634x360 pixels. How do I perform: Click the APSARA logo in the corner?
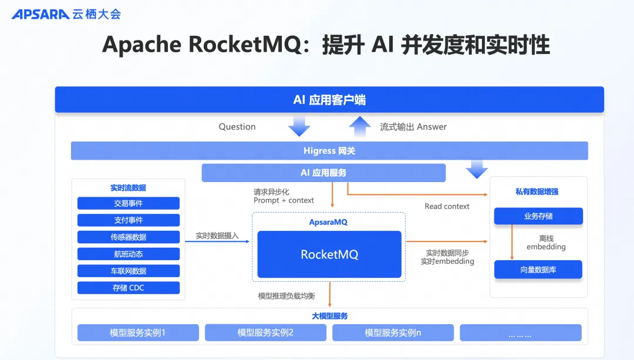pos(41,14)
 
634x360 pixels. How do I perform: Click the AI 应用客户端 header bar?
pos(329,100)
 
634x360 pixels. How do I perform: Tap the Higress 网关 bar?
pos(329,151)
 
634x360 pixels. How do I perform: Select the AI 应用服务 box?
pos(323,173)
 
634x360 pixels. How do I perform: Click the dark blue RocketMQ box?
pos(329,254)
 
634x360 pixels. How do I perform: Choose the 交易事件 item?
pos(129,203)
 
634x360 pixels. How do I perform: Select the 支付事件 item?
pos(129,220)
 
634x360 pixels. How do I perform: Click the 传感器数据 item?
pos(129,237)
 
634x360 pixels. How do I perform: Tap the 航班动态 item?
pos(129,254)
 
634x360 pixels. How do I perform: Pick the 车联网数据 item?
pos(129,271)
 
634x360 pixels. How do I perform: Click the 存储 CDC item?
pos(129,288)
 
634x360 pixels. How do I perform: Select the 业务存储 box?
pos(538,216)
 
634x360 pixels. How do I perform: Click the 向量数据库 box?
pos(538,270)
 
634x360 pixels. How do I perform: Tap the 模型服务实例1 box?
pos(138,333)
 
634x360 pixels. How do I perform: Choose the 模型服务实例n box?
pos(393,333)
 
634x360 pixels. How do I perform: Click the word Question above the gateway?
pos(237,127)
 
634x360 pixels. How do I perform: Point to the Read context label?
pos(447,206)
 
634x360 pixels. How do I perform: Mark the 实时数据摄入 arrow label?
pos(217,236)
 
